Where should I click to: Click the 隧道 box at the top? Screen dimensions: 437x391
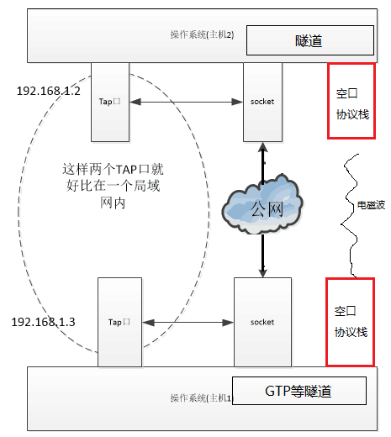(309, 40)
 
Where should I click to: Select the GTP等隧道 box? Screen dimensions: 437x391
(299, 391)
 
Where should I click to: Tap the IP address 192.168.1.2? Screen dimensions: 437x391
(48, 90)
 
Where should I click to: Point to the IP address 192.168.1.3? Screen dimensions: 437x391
(44, 322)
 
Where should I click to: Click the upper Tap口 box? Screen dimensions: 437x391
(110, 101)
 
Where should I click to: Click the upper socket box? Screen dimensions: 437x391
(262, 101)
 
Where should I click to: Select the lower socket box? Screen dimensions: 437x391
(262, 322)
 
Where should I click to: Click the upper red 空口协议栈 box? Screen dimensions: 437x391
(350, 103)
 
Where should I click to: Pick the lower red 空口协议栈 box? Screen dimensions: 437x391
(350, 322)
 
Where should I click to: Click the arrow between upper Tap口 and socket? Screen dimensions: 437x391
(187, 102)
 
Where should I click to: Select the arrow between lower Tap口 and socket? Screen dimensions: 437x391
(187, 322)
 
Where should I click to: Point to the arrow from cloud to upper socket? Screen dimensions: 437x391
(262, 160)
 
